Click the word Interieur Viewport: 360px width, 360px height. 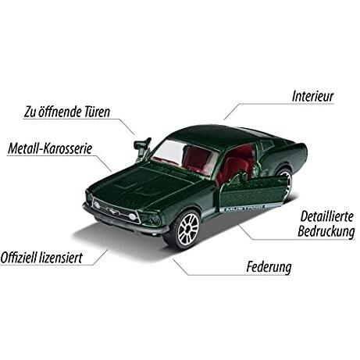[312, 96]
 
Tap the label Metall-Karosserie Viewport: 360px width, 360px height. [50, 148]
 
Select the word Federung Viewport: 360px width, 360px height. [269, 267]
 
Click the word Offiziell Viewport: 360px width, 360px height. [19, 258]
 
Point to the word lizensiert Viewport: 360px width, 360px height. [61, 258]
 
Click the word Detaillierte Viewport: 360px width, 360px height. [327, 216]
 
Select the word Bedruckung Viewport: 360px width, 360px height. [326, 231]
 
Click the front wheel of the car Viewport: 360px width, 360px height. [187, 229]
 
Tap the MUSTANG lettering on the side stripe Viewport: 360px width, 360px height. [244, 208]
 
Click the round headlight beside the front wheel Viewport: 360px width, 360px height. [155, 219]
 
